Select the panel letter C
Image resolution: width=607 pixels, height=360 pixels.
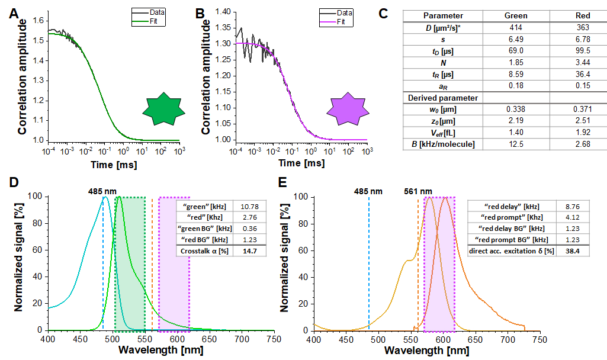click(383, 14)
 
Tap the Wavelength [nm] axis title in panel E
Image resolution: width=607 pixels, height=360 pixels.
click(427, 350)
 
